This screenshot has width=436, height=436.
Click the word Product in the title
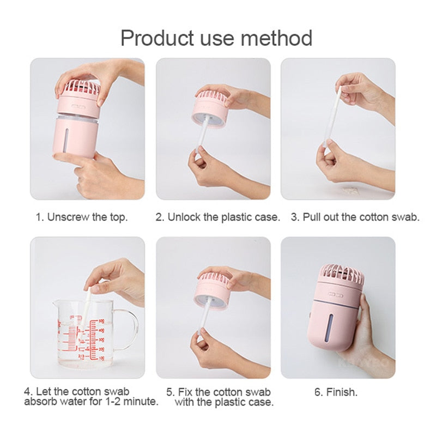tap(157, 38)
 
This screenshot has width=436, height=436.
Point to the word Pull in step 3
tap(311, 217)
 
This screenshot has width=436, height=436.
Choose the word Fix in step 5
tap(185, 392)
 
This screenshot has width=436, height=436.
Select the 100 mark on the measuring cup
tap(101, 359)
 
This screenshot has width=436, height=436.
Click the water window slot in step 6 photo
tap(330, 329)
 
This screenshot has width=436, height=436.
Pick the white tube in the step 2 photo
tap(203, 132)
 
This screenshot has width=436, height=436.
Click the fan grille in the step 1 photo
tap(81, 86)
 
